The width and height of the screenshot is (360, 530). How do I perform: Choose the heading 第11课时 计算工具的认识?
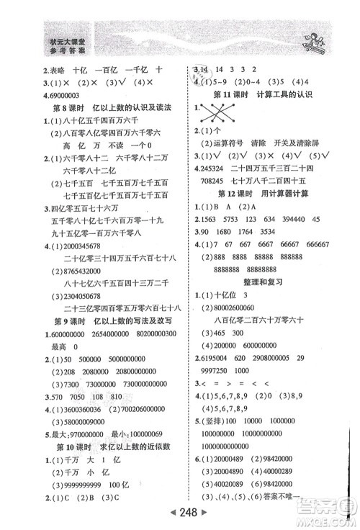(x=270, y=95)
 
